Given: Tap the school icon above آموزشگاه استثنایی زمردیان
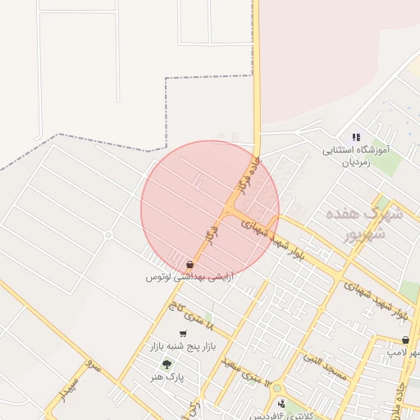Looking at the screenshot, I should point(356,138).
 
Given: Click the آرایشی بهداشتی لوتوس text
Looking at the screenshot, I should point(189,278).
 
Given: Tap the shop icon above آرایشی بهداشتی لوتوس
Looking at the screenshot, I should point(190,265).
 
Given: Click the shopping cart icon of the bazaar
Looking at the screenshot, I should point(182,335).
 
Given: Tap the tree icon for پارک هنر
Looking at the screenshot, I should point(167,363).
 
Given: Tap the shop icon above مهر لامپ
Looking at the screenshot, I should point(405,340).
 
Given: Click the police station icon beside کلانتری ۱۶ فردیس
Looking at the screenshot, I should point(281,404).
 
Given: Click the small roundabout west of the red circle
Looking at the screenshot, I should point(107,235).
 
